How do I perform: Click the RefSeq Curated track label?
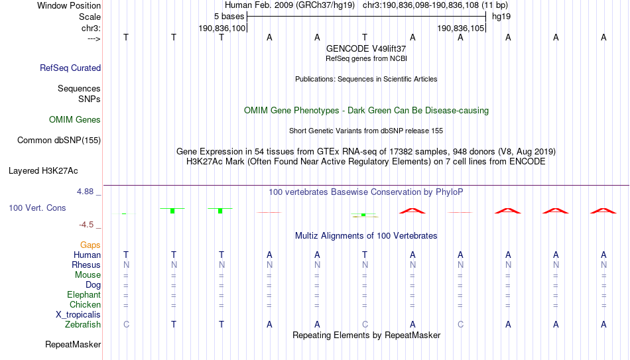pos(70,68)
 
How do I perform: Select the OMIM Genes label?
pos(75,120)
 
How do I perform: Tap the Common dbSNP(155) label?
pos(59,141)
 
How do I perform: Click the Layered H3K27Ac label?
pos(43,171)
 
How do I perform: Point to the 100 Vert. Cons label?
pos(37,208)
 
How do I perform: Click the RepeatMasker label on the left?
pos(73,344)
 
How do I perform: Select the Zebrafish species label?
pos(83,324)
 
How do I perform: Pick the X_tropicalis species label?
pos(78,315)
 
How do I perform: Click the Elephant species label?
pos(84,294)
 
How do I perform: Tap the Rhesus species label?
pos(86,265)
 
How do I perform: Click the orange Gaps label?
pos(90,245)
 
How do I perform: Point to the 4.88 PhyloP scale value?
pos(85,192)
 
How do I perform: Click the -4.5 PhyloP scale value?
pos(86,225)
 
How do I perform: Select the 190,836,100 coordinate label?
pos(221,28)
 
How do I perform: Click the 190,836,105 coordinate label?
pos(460,28)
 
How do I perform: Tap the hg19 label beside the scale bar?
pos(501,17)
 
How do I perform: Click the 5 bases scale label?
pos(229,17)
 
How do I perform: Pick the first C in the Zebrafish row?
pos(126,324)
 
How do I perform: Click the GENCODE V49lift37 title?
pos(366,48)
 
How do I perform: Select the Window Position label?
pos(69,5)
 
